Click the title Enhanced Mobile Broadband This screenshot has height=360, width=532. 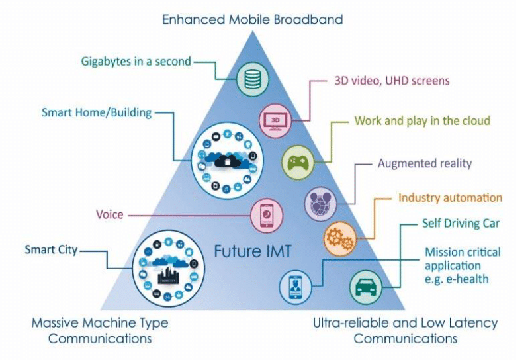point(253,19)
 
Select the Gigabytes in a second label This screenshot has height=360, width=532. point(136,61)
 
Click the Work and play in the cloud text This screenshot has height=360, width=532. point(422,121)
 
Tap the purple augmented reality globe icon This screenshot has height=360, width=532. point(320,202)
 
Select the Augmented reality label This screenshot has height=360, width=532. point(425,163)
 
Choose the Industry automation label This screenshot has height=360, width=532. point(450,198)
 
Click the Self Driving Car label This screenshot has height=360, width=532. point(461,224)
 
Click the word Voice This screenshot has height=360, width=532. point(110,215)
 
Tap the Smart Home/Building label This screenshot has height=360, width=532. point(97,112)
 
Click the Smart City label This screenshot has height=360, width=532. point(51,249)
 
